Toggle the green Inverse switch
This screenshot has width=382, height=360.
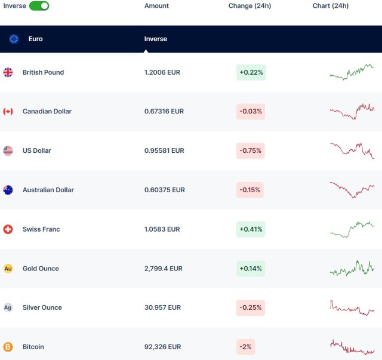[x=39, y=6]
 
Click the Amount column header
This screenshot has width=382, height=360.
[x=156, y=6]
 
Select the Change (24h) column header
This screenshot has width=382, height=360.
[x=249, y=6]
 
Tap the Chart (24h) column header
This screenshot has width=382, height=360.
[x=330, y=6]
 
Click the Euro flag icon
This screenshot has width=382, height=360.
[x=14, y=39]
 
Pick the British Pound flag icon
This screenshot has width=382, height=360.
[x=8, y=72]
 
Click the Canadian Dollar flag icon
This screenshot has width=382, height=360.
[x=8, y=112]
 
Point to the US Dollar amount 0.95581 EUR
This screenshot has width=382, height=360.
[x=164, y=150]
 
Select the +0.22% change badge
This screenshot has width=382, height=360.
[x=251, y=72]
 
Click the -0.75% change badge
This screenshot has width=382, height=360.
[x=251, y=150]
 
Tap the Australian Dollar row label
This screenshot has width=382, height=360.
[x=48, y=190]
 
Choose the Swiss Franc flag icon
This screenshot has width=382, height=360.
[x=8, y=229]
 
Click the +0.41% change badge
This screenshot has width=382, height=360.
[x=251, y=229]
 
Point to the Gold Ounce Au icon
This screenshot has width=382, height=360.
[x=8, y=269]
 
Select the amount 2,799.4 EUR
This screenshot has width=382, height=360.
[x=164, y=269]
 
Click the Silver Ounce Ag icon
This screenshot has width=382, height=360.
[x=8, y=307]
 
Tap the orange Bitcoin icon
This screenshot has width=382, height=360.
[x=8, y=347]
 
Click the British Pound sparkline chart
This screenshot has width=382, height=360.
[x=352, y=72]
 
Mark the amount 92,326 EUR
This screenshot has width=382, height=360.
[x=162, y=347]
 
